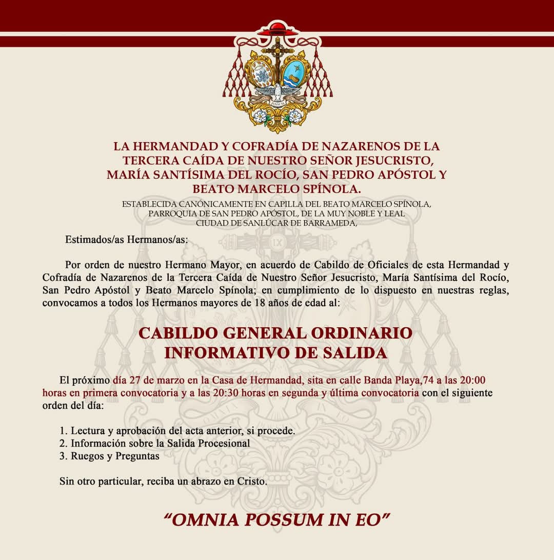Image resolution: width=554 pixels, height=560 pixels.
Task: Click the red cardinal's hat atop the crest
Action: pyautogui.click(x=278, y=29)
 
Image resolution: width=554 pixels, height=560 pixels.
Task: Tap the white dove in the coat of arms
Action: pyautogui.click(x=278, y=93)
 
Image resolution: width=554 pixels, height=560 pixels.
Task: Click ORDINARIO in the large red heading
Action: pyautogui.click(x=362, y=333)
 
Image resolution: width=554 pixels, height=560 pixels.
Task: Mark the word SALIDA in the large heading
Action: pyautogui.click(x=358, y=353)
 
